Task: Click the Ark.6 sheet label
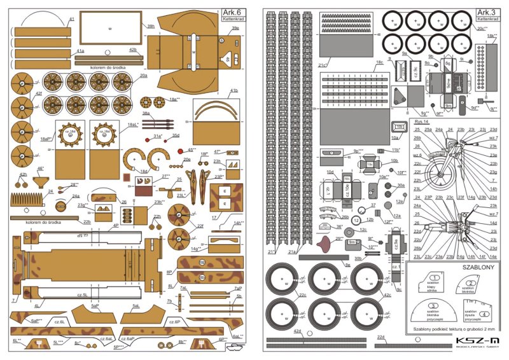pos(232,12)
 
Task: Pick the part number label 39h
pos(151,27)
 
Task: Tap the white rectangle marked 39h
pos(110,28)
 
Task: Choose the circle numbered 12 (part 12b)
pos(357,220)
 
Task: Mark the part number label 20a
pos(144,76)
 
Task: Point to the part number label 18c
pos(379,63)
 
